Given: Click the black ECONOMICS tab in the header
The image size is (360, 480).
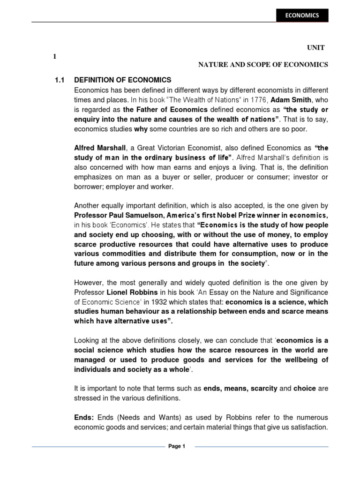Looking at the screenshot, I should (x=302, y=15).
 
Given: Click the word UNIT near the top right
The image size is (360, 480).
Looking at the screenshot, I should (x=315, y=48).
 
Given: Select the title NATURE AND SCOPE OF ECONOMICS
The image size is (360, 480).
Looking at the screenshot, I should (x=262, y=65).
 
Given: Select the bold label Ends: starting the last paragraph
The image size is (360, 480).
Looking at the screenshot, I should (x=84, y=417).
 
